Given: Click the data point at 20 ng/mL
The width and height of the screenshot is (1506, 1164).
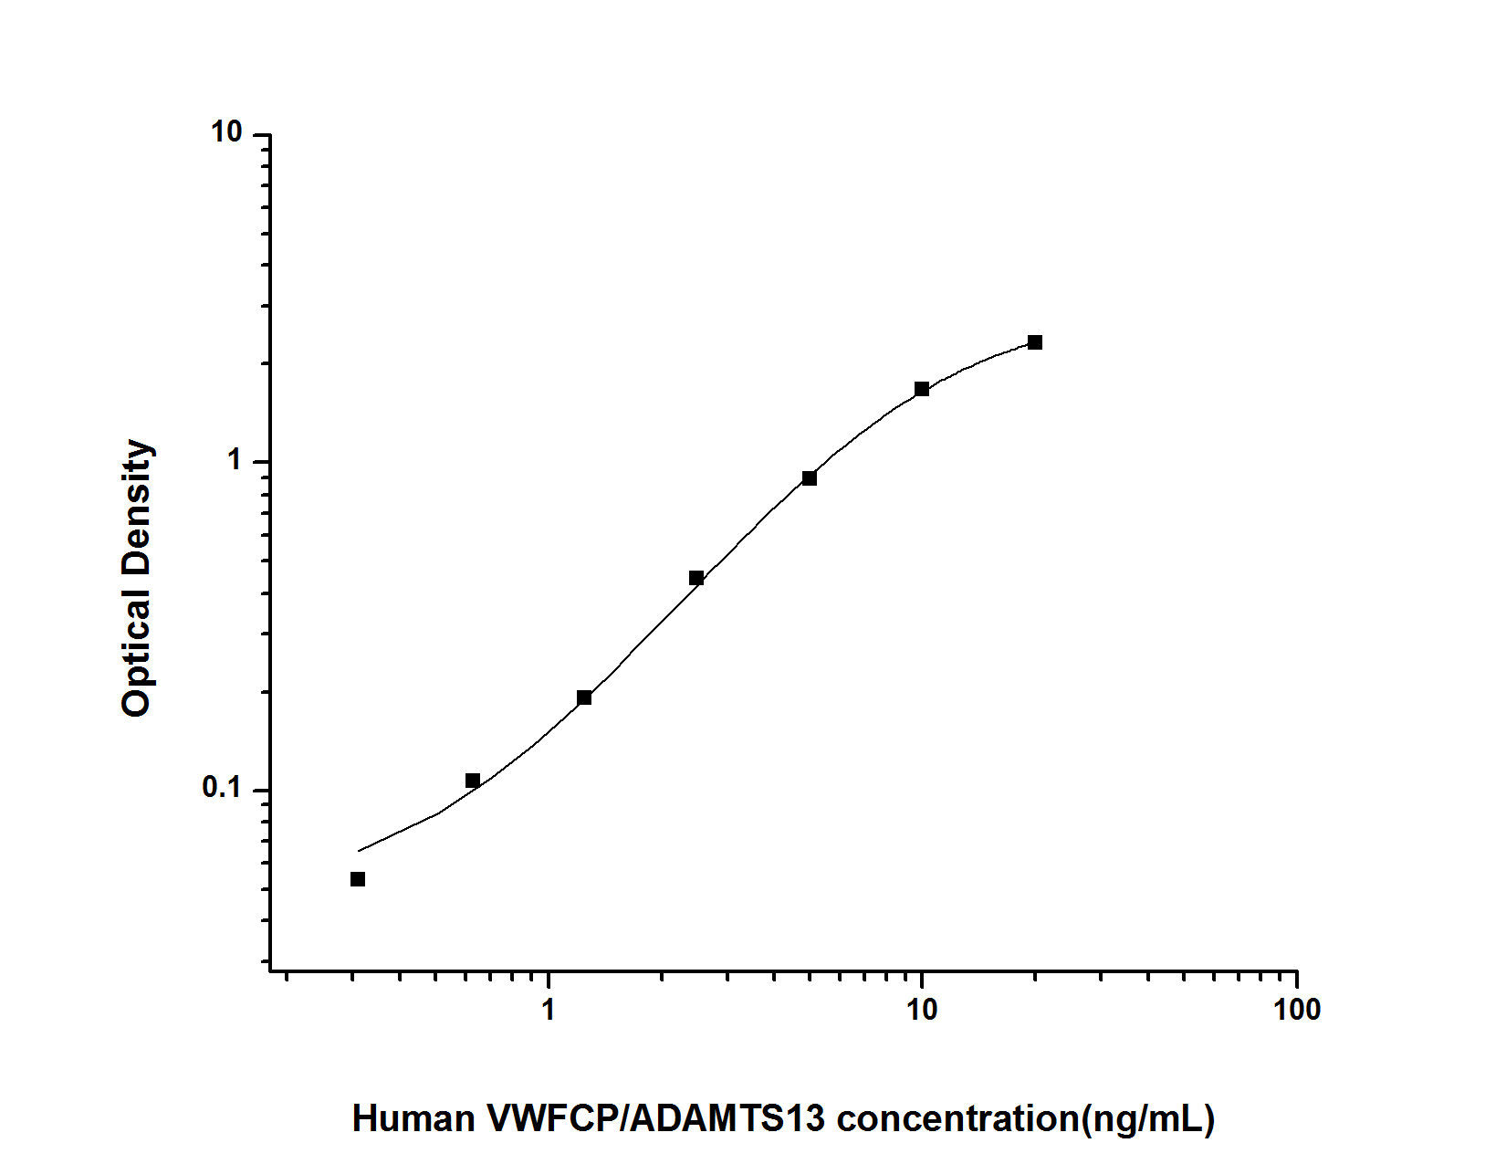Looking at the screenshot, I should [1034, 342].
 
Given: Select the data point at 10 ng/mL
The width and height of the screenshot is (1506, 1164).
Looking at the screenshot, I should [922, 389].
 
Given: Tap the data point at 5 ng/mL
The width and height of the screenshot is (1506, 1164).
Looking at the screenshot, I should [810, 478].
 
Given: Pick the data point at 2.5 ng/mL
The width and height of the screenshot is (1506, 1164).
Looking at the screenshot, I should [696, 578].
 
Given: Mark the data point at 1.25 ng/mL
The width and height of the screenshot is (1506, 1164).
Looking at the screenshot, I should [584, 697].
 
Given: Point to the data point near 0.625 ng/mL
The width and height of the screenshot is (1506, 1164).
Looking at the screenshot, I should [473, 781].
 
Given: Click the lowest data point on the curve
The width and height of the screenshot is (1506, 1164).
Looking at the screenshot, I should [358, 879].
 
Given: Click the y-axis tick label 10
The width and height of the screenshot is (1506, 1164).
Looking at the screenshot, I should [226, 133].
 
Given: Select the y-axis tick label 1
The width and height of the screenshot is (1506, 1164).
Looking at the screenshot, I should [235, 461].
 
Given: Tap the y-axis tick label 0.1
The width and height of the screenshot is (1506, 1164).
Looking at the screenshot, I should [222, 788].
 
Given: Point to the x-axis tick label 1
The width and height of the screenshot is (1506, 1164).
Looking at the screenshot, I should [548, 1010].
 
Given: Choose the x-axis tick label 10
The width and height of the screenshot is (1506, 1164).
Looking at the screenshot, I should [922, 1010].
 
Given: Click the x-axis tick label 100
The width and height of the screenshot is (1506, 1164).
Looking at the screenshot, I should [1296, 1010].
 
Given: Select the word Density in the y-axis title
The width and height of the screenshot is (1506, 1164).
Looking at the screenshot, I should [137, 508].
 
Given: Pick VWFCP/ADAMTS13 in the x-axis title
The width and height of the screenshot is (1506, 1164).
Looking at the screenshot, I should [656, 1118].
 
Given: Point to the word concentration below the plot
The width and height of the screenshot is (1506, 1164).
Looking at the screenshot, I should [958, 1118].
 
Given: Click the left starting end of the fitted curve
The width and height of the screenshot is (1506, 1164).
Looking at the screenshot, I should [359, 851].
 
